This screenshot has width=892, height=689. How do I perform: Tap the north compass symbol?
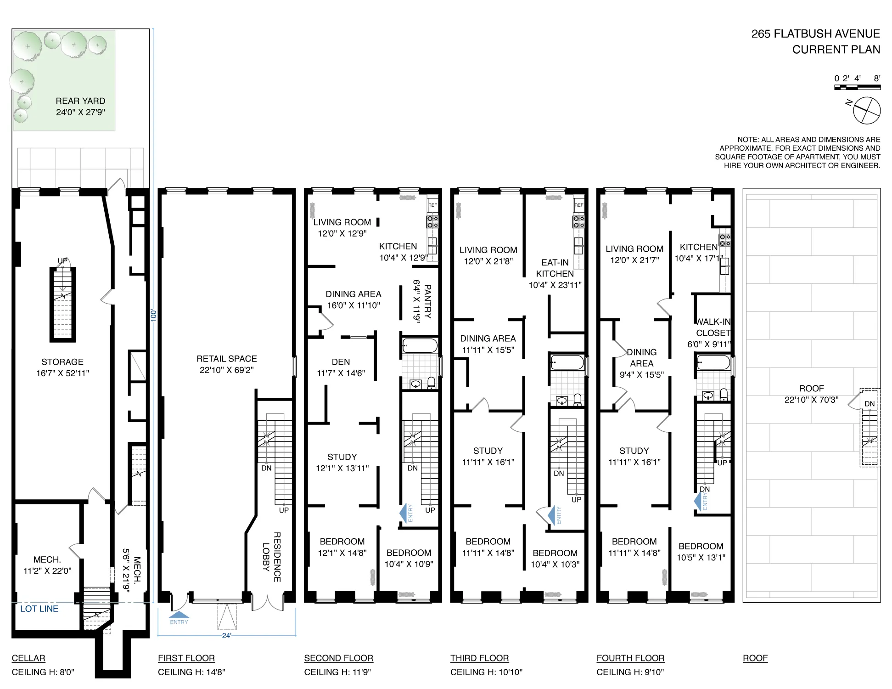866,110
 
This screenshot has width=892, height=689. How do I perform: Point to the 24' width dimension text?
226,636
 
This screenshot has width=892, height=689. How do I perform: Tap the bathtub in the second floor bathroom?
420,345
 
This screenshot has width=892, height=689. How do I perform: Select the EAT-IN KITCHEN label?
555,273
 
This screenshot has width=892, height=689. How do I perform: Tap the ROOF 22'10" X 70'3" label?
811,394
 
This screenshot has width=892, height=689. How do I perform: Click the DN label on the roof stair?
870,404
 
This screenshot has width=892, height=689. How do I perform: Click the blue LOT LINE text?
39,609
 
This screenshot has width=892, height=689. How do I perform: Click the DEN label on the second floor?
341,362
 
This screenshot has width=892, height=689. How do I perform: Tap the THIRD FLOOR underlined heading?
479,658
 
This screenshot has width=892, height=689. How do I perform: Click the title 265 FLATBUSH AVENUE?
815,34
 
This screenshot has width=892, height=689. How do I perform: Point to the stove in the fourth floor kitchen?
725,240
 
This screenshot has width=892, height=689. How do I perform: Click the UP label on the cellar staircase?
62,261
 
